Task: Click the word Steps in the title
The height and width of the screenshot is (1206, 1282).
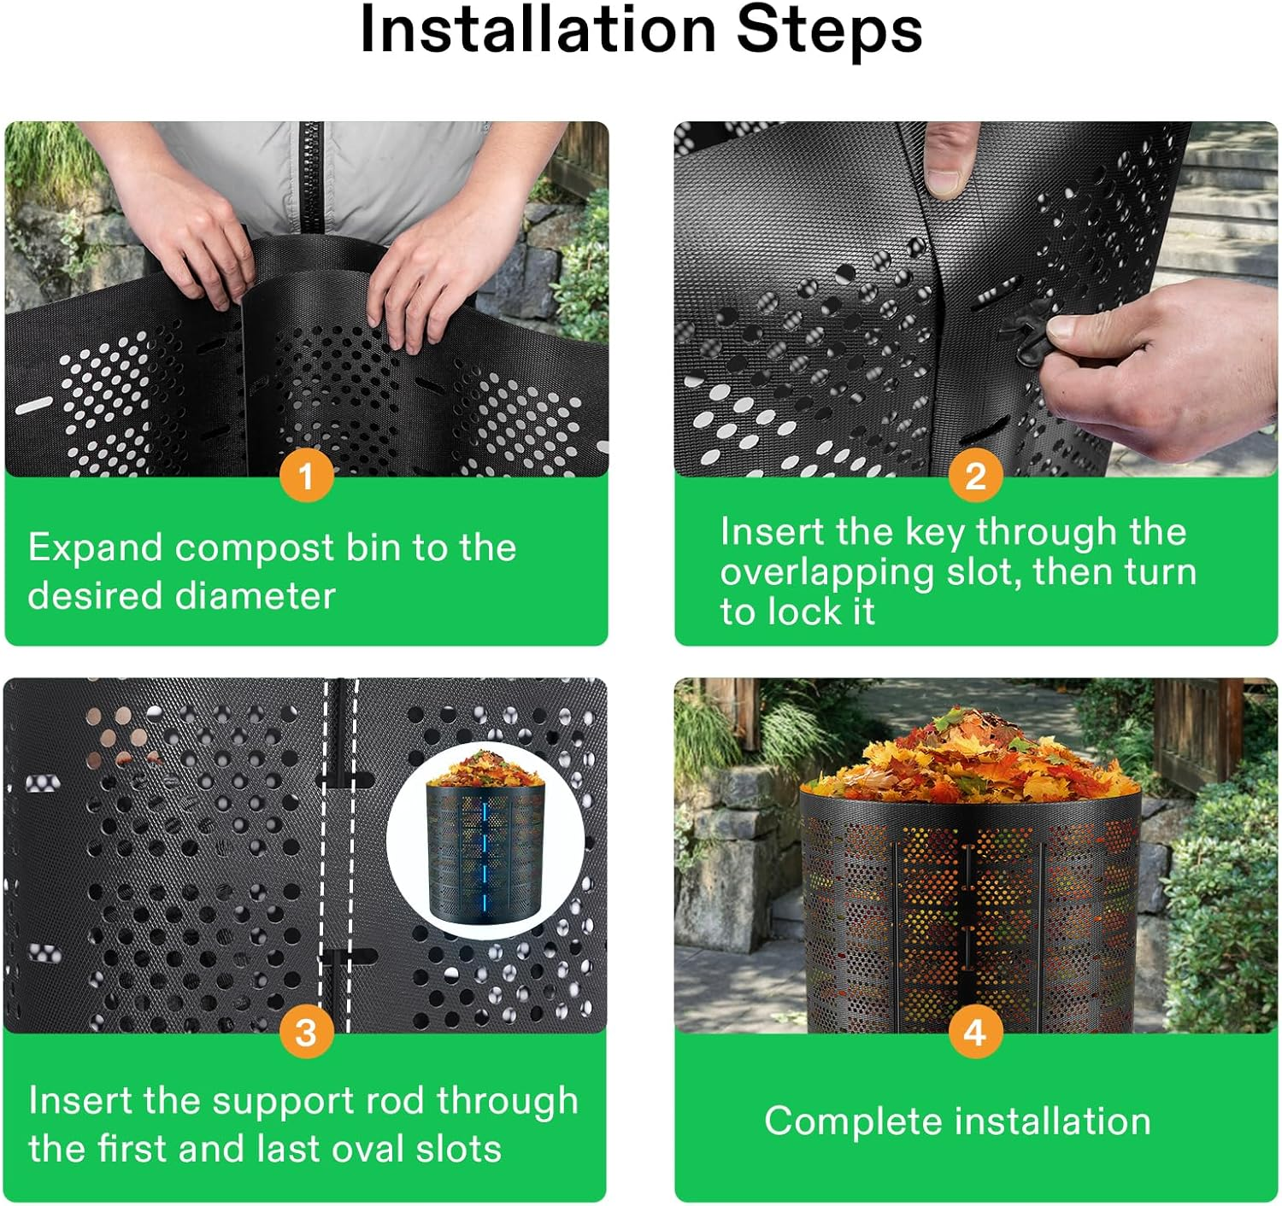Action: [x=828, y=31]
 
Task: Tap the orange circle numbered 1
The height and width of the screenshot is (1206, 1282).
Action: [x=306, y=476]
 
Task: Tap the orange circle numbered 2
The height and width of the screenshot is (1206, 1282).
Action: [x=975, y=476]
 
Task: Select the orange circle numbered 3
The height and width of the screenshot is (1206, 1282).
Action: [x=306, y=1033]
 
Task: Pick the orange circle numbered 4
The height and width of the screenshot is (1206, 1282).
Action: [x=975, y=1033]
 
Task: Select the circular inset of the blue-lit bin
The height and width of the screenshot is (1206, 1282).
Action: [x=485, y=841]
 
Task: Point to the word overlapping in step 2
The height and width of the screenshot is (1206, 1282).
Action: [x=826, y=572]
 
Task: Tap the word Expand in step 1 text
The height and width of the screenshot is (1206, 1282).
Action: [x=95, y=547]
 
